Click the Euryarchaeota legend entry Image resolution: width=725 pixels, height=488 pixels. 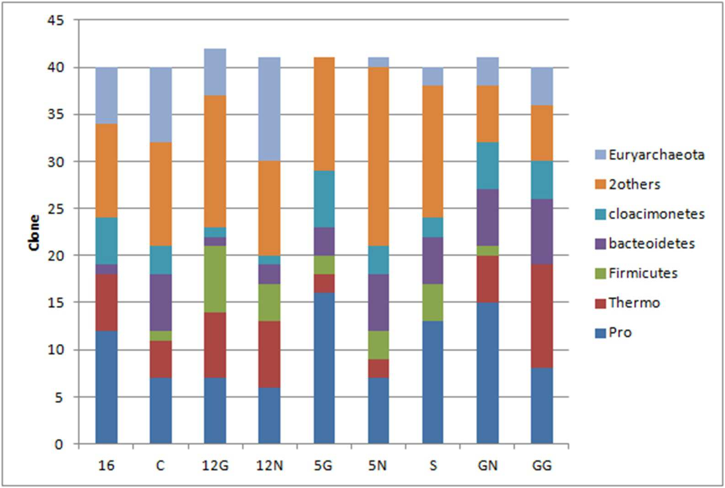point(650,155)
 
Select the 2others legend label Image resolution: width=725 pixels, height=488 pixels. point(634,184)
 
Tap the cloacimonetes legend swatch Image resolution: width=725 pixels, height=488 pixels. point(600,214)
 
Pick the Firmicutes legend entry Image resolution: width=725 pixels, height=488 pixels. point(636,273)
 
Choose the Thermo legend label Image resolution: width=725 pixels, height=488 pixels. point(634,303)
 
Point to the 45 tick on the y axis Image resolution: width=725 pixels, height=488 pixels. point(56,21)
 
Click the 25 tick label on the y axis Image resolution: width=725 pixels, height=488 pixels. point(56,209)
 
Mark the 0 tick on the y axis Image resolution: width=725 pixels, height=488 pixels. point(59,444)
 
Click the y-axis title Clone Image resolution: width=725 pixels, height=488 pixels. point(34,232)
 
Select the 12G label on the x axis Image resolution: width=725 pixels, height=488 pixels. point(215,466)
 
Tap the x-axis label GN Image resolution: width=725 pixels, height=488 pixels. point(487,466)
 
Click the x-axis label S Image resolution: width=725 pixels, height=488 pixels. point(433,466)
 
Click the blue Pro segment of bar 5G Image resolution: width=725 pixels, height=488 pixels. point(324,368)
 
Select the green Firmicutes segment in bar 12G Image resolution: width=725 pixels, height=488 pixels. point(215,279)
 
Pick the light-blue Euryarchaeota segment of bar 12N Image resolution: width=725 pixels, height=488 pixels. point(270,109)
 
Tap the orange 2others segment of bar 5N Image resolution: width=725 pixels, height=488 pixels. point(378,156)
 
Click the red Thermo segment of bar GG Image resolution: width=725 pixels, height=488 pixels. point(542,316)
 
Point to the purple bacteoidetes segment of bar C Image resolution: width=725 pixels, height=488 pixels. point(161,302)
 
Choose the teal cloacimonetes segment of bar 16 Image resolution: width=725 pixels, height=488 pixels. point(107,241)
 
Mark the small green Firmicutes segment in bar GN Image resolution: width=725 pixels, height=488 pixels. point(488,251)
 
